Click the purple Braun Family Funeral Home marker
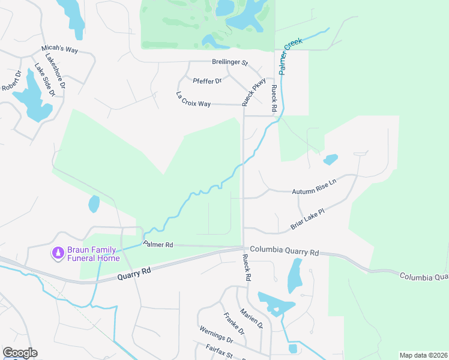[x=58, y=254]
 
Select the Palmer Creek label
[x=291, y=57]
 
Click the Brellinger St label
[x=230, y=62]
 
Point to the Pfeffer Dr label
[x=208, y=80]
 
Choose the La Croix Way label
[x=193, y=100]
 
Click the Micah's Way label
[x=59, y=49]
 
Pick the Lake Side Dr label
[x=44, y=80]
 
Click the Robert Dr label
[x=11, y=81]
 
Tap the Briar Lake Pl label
[x=307, y=219]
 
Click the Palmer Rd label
[x=158, y=244]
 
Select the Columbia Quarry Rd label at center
[x=284, y=250]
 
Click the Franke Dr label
[x=234, y=324]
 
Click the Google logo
[x=20, y=353]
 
